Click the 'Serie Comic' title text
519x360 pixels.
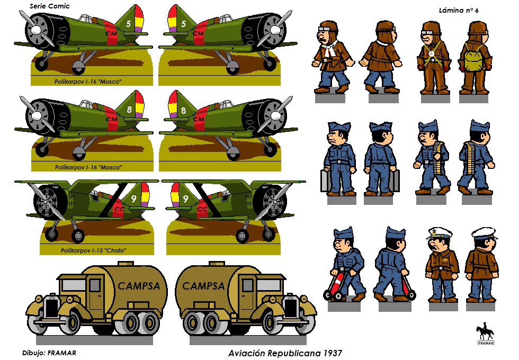pyautogui.click(x=50, y=6)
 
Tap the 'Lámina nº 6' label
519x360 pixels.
pyautogui.click(x=459, y=10)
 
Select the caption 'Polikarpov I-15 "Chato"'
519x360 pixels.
pyautogui.click(x=94, y=250)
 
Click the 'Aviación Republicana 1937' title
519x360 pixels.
pyautogui.click(x=285, y=354)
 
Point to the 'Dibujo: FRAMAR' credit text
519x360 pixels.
pyautogui.click(x=49, y=353)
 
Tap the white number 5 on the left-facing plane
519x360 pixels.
pyautogui.click(x=128, y=23)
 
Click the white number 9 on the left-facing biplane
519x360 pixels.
pyautogui.click(x=133, y=199)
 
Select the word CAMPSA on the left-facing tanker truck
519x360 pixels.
pyautogui.click(x=139, y=286)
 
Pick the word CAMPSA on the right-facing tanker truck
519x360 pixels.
pyautogui.click(x=203, y=286)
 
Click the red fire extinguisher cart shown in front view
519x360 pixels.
pyautogui.click(x=334, y=285)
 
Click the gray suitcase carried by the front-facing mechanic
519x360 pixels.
pyautogui.click(x=325, y=181)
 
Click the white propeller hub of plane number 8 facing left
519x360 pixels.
pyautogui.click(x=36, y=115)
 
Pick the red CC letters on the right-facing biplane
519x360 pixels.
pyautogui.click(x=202, y=210)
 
